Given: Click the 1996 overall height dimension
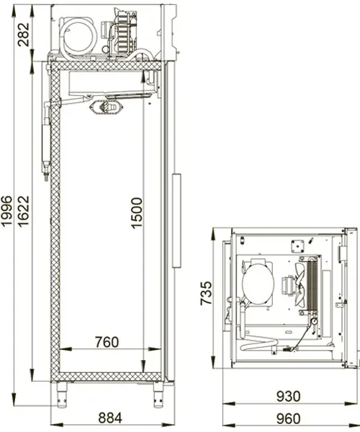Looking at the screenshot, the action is pos(6,211).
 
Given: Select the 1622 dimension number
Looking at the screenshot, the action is pos(23,211).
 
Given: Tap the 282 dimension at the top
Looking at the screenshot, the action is pos(23,35).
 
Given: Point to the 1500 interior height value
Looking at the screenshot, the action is pos(137,213).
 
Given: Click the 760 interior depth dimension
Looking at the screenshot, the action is pos(107,342).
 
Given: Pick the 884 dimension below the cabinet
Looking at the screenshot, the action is pos(110,418).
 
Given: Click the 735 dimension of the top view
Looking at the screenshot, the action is pos(206,293).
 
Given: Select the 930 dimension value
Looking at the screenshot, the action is pos(288,397).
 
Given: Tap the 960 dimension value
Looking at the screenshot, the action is pos(288,418).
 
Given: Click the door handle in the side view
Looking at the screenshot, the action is pos(176,220).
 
